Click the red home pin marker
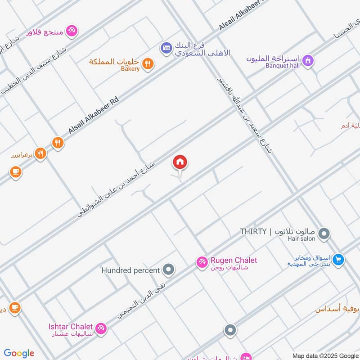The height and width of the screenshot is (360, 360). pos(180,162)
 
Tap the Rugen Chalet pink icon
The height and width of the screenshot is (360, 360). pos(202,261)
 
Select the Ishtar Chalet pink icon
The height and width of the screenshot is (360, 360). pos(101,328)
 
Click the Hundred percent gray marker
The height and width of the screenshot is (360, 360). pos(169,270)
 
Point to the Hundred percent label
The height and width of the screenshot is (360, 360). pos(130,270)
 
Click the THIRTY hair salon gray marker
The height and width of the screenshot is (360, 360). pos(324,234)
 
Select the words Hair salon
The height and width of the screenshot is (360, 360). pos(301,238)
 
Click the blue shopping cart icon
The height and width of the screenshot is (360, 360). pos(339,259)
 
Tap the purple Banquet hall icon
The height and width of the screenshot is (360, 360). pos(308,60)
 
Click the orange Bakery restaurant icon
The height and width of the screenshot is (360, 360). pos(148,64)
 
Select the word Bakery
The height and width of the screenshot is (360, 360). pos(130,69)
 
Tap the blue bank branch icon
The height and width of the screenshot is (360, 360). pos(166,47)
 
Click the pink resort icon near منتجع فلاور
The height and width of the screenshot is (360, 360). pos(71,31)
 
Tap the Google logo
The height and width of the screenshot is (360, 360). pos(19,353)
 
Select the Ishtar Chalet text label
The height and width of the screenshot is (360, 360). pos(71,326)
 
